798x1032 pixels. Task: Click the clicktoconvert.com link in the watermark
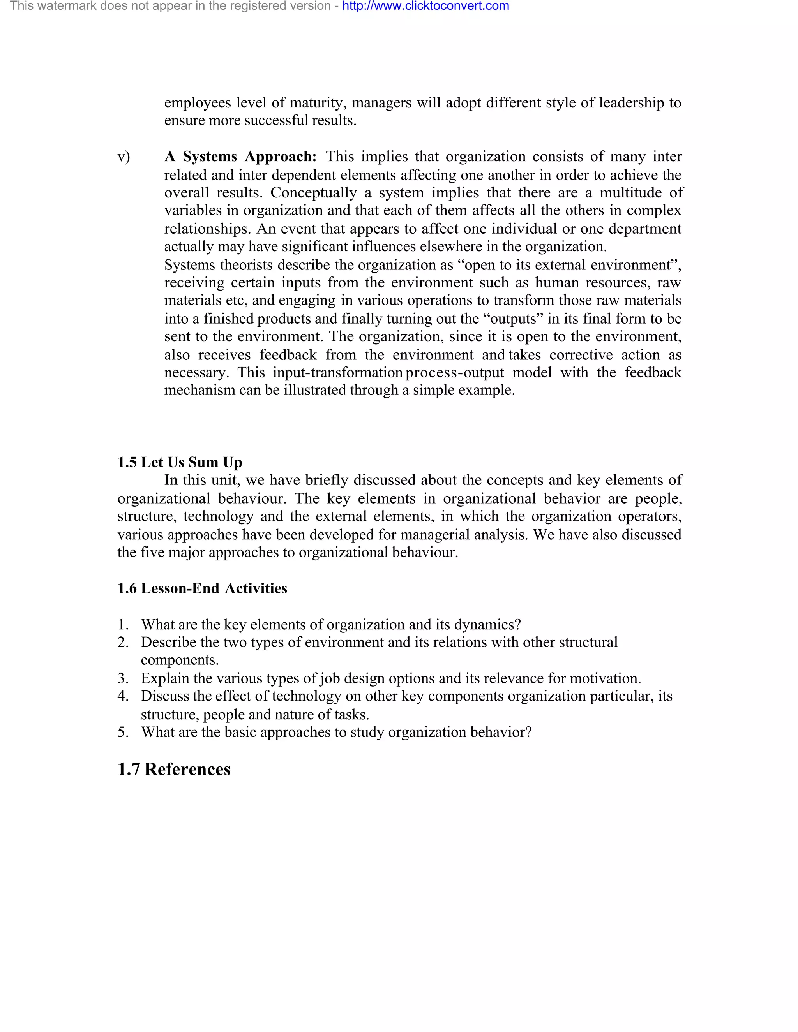pyautogui.click(x=425, y=6)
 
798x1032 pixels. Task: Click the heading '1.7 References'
pyautogui.click(x=173, y=769)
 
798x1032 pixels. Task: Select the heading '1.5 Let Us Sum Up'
pyautogui.click(x=180, y=462)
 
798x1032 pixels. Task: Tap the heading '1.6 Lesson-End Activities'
pyautogui.click(x=202, y=588)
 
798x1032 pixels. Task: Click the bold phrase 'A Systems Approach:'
pyautogui.click(x=240, y=157)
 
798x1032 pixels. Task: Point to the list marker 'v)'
pyautogui.click(x=124, y=157)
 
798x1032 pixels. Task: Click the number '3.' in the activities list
pyautogui.click(x=123, y=678)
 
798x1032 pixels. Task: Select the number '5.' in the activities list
pyautogui.click(x=123, y=733)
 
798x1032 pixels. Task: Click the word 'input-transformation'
pyautogui.click(x=337, y=372)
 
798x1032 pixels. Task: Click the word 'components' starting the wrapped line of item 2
pyautogui.click(x=180, y=660)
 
